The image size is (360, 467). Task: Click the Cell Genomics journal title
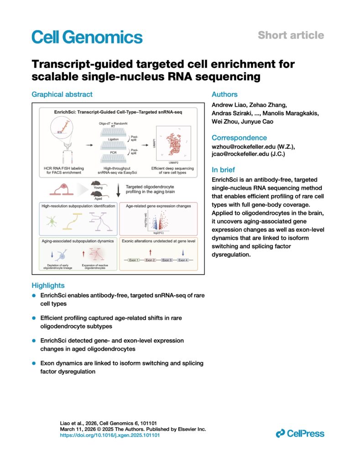click(87, 36)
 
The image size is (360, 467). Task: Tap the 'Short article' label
click(291, 35)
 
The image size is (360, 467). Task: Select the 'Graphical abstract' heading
click(62, 94)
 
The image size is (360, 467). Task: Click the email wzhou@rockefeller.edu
click(244, 148)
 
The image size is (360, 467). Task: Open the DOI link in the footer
click(110, 436)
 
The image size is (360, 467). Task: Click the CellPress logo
click(300, 433)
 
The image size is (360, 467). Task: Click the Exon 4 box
click(183, 260)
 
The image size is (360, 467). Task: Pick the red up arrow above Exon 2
click(151, 250)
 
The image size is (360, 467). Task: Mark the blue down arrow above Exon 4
click(183, 250)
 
